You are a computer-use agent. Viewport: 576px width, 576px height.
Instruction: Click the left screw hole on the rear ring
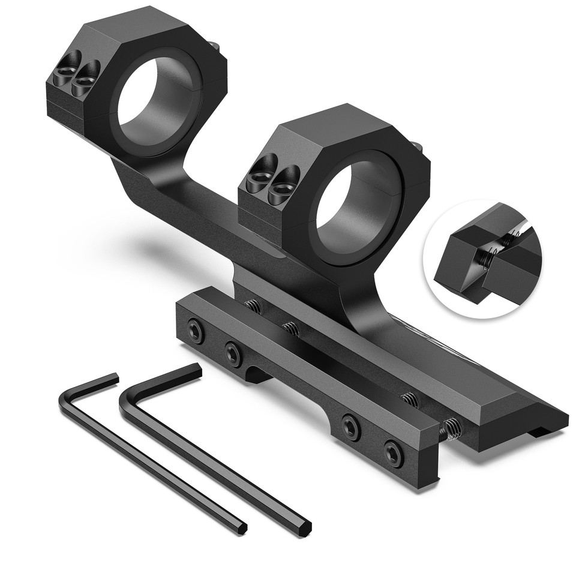[64, 76]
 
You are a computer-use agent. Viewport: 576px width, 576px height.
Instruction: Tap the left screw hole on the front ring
[260, 175]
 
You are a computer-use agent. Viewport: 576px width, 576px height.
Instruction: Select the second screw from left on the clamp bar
[233, 354]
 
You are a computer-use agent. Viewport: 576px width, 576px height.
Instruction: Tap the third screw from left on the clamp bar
[351, 427]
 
